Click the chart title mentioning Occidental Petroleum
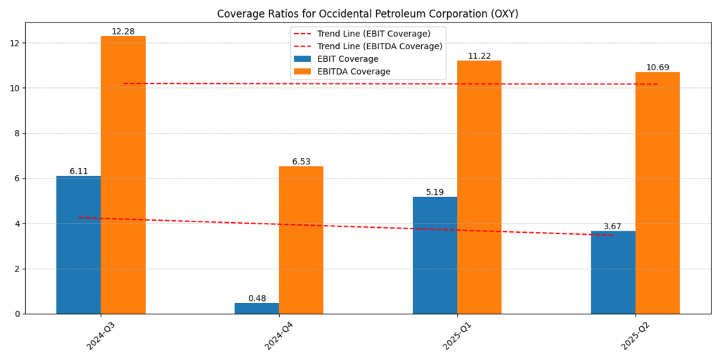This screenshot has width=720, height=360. tap(367, 14)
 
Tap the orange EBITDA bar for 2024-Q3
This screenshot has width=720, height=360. tap(123, 175)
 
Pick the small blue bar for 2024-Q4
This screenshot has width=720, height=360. tap(257, 309)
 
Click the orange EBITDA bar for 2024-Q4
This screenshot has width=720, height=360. tap(301, 240)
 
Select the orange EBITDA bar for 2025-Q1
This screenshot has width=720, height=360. tap(480, 187)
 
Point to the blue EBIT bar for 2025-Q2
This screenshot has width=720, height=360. tap(613, 272)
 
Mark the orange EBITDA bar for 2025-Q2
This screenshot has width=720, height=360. tap(657, 193)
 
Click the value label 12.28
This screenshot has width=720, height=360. tap(123, 32)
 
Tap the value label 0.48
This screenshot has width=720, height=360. tap(257, 298)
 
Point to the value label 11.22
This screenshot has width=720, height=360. tap(480, 56)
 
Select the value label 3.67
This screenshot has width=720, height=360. tap(612, 226)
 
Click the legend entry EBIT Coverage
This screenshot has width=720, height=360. tap(347, 59)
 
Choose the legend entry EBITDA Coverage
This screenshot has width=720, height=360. tap(354, 72)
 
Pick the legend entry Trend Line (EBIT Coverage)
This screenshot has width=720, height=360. tap(373, 34)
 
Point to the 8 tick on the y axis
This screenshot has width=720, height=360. tap(15, 134)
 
